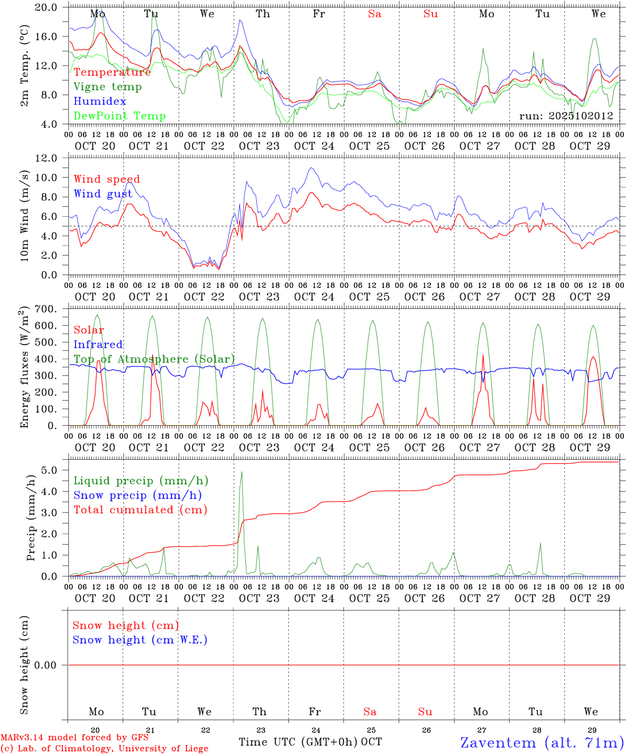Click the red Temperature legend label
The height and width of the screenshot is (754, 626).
click(x=112, y=72)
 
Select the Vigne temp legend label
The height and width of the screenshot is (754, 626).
click(x=107, y=87)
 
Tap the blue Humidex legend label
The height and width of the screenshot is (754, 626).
click(x=100, y=101)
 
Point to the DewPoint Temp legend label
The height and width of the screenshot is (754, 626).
click(x=120, y=116)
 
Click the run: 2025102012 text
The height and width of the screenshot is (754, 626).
click(x=566, y=116)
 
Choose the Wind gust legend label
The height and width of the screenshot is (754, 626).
click(x=103, y=194)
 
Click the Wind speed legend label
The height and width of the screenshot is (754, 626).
click(x=107, y=179)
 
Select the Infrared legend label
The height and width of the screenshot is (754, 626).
click(x=98, y=345)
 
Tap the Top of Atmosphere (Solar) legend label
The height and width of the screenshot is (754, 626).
click(x=154, y=359)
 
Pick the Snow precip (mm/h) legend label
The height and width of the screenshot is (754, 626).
click(x=138, y=495)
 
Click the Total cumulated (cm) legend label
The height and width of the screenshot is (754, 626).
click(x=141, y=510)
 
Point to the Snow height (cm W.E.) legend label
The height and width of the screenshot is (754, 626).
click(x=140, y=640)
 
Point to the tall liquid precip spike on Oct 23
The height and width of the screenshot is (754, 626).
click(x=242, y=473)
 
